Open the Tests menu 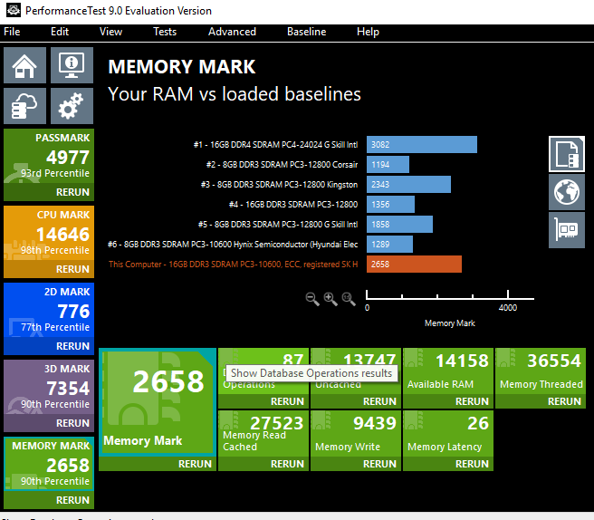click(x=165, y=32)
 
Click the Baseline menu click(x=306, y=32)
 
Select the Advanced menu click(x=232, y=32)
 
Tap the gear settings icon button click(x=70, y=107)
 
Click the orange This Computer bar click(x=414, y=264)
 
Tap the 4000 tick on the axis click(x=507, y=307)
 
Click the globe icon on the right click(x=566, y=192)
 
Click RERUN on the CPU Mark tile click(x=72, y=269)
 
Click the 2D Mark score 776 click(x=73, y=312)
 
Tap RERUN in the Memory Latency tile click(x=472, y=464)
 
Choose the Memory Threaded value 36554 click(x=553, y=361)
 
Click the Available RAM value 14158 click(x=461, y=361)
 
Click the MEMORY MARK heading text click(x=182, y=67)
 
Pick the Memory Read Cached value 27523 click(x=276, y=424)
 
